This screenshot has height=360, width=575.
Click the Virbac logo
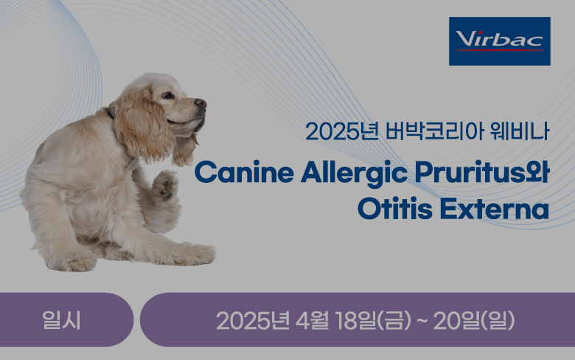click(500, 41)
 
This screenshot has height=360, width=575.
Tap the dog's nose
click(201, 103)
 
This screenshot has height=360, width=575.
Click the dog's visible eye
click(167, 95)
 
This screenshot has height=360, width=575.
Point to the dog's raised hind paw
click(164, 185)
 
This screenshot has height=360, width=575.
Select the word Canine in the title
click(244, 172)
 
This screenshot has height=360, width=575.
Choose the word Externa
click(494, 210)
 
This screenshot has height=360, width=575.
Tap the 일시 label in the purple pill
click(61, 319)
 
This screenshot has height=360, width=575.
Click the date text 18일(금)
click(373, 320)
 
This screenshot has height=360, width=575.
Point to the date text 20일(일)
click(474, 320)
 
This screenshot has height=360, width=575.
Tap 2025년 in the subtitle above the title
click(342, 131)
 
